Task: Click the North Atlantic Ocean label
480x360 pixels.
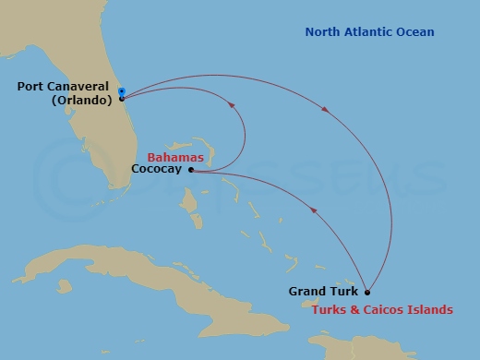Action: tap(369, 33)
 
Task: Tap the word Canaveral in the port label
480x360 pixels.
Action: tap(79, 88)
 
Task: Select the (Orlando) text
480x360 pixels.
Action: tap(82, 101)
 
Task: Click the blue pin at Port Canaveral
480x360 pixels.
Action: tap(122, 91)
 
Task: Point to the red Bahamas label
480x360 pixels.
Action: tap(175, 158)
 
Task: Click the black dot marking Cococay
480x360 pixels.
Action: tap(191, 170)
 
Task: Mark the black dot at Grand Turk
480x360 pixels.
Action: tap(367, 292)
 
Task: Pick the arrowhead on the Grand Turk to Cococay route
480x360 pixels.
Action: tap(314, 210)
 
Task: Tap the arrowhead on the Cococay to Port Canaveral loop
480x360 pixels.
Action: tap(231, 107)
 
